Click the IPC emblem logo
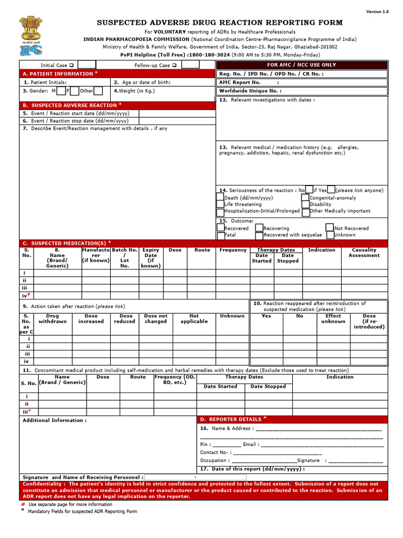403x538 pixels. (31, 36)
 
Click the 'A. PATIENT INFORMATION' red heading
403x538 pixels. (58, 74)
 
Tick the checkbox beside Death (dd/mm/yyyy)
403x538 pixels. (220, 198)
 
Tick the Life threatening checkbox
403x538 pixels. (220, 204)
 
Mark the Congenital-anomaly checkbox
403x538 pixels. (305, 198)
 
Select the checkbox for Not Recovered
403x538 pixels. (330, 228)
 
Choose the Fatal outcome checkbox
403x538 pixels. (220, 235)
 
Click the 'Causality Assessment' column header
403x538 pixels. (364, 253)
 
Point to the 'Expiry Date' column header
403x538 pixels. (151, 258)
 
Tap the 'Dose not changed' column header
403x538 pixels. (155, 318)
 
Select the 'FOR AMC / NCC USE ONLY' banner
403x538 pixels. (302, 65)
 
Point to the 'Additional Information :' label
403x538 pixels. (55, 420)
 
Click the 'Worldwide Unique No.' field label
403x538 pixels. (250, 91)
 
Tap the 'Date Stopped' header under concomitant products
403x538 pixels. (268, 387)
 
